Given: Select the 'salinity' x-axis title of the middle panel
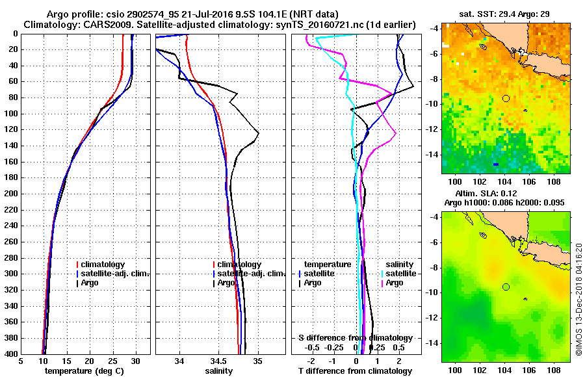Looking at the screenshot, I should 220,371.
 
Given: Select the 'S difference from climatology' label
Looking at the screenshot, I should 355,338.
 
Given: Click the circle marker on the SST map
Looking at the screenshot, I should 506,98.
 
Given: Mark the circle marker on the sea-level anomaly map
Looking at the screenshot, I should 506,287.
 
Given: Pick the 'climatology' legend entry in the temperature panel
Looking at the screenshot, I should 104,265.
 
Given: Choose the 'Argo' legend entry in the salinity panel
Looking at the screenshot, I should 226,283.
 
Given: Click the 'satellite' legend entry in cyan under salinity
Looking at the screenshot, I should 398,274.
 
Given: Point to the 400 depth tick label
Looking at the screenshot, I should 12,354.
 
